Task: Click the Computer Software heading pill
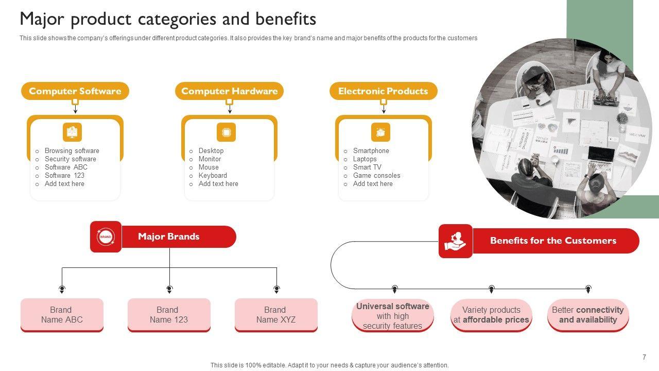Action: tap(75, 91)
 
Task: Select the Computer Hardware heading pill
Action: tap(229, 91)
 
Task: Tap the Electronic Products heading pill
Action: tap(384, 91)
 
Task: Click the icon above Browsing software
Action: tap(73, 132)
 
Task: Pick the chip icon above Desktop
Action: tap(226, 132)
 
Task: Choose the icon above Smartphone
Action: tap(380, 132)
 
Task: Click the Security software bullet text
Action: tap(71, 159)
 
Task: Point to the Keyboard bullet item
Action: tap(213, 176)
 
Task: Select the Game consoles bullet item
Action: tap(376, 176)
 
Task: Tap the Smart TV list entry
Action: tap(367, 167)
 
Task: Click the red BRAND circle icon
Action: tap(106, 237)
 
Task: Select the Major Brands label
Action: tap(168, 237)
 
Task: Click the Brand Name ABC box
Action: tap(62, 315)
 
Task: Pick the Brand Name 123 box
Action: tap(169, 315)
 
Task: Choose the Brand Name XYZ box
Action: tap(276, 315)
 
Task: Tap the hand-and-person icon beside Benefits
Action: tap(456, 241)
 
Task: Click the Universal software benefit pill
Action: tap(393, 316)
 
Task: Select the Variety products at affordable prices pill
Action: tap(491, 315)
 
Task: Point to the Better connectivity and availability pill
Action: tap(588, 315)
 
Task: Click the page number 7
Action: tap(644, 357)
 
